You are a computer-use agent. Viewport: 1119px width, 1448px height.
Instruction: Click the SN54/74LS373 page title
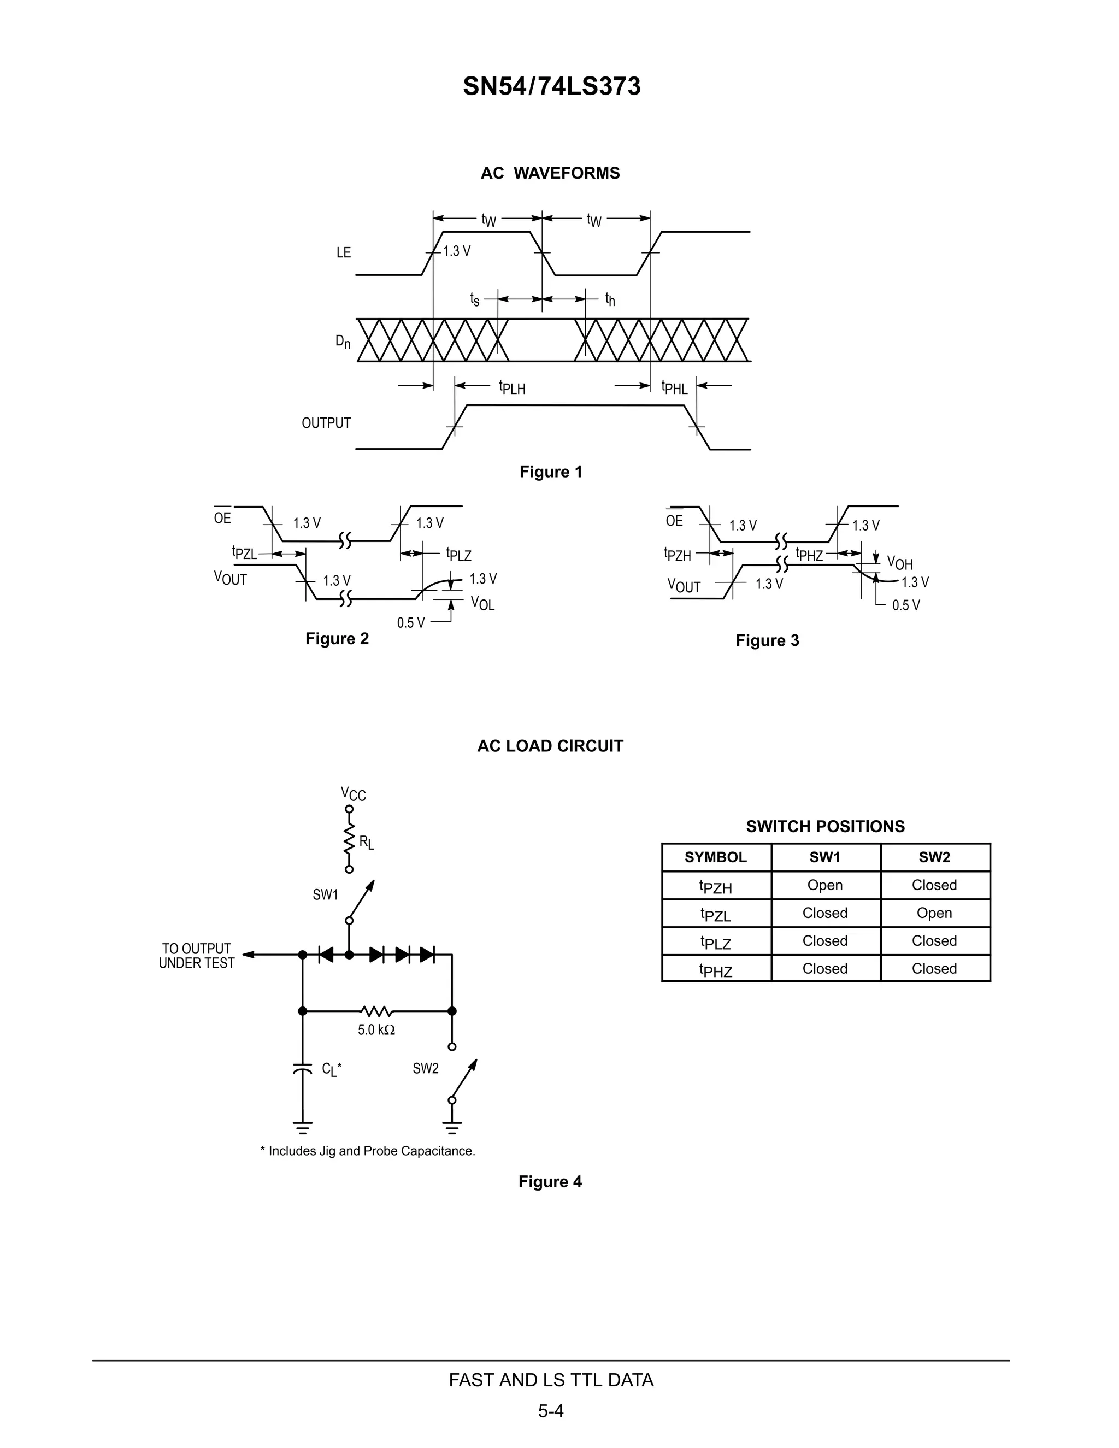[551, 87]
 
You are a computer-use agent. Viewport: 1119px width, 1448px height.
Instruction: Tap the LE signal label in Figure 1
[343, 252]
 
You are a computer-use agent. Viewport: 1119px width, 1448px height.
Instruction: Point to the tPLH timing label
[512, 387]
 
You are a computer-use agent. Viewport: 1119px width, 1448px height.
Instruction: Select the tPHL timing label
[674, 387]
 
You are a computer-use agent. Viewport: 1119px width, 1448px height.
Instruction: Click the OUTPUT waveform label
[326, 423]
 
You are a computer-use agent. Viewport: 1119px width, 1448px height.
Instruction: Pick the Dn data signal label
[343, 342]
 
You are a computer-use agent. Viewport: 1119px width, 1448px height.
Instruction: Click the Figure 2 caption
[337, 638]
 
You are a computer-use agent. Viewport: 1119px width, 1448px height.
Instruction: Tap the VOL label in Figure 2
[482, 603]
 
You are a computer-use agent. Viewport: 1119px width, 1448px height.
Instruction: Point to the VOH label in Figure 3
[899, 563]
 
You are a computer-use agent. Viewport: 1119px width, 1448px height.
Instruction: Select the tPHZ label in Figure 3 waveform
[809, 555]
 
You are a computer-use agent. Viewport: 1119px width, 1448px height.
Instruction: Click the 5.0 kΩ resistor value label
[376, 1029]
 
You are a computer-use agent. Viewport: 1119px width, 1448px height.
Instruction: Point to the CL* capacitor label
[332, 1069]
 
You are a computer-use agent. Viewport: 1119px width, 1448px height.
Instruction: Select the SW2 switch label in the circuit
[426, 1068]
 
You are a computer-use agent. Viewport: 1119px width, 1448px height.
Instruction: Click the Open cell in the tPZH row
[824, 885]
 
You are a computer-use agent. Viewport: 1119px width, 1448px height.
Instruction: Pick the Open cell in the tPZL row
[934, 913]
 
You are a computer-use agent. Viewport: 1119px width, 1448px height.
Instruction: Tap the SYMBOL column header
[715, 857]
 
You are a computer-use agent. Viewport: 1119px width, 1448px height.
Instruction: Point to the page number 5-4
[551, 1411]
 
